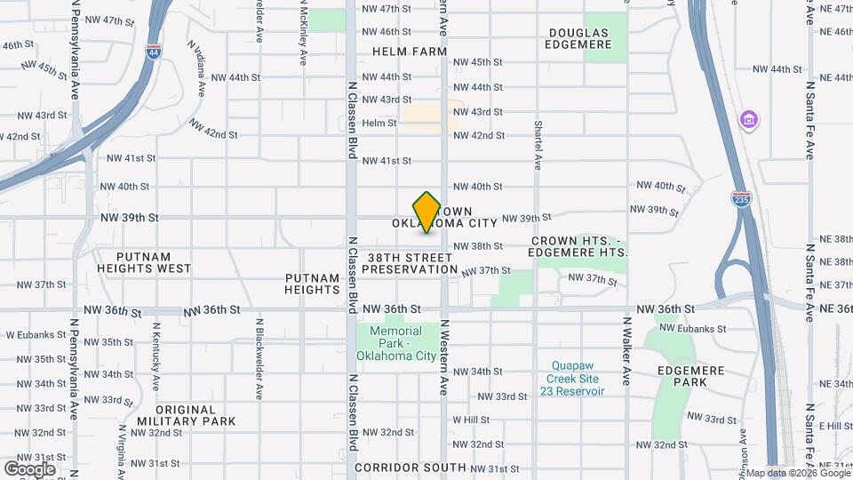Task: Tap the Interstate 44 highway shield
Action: click(x=153, y=51)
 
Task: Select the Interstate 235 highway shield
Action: click(x=741, y=199)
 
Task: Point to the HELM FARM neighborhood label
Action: click(x=410, y=52)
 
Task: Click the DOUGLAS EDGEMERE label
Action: click(x=579, y=38)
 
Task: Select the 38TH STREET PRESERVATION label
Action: click(x=410, y=262)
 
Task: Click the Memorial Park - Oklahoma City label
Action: click(x=396, y=343)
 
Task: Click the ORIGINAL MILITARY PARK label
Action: click(x=187, y=415)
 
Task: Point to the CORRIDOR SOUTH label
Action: click(x=410, y=467)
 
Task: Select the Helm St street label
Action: click(x=379, y=123)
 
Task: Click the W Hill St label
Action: click(x=471, y=420)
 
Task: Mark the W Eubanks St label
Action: click(x=32, y=335)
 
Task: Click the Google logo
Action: click(x=29, y=468)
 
